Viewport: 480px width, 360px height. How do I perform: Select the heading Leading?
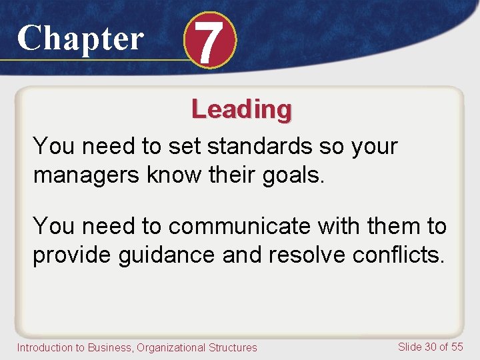coord(241,109)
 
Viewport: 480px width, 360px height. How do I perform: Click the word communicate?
coord(240,227)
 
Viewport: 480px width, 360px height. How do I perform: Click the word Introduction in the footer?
coord(44,347)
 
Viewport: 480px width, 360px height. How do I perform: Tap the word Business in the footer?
coord(109,347)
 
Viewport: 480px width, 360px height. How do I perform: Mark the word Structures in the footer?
coord(232,347)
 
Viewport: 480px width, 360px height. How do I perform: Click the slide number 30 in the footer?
coord(431,346)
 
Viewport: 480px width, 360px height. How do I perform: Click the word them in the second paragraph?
coord(388,227)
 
